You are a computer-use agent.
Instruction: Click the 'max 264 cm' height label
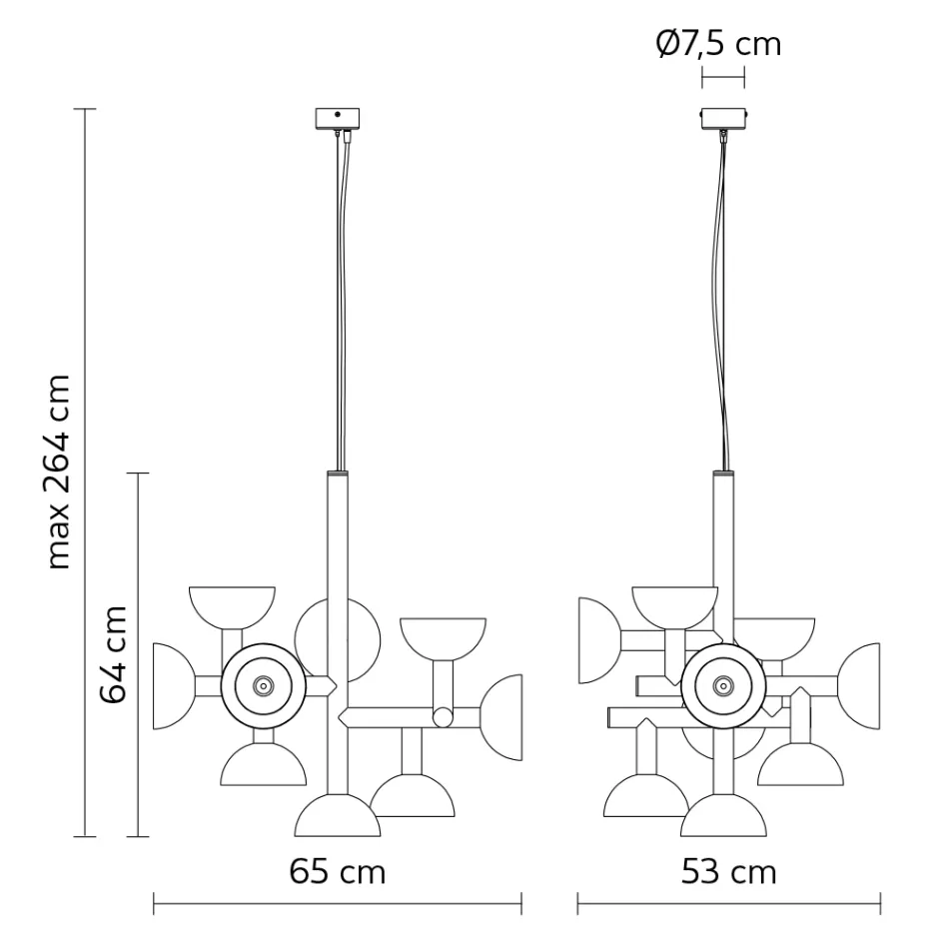(x=59, y=473)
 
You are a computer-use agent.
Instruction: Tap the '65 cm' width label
(x=337, y=871)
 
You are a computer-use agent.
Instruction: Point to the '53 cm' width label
(x=728, y=871)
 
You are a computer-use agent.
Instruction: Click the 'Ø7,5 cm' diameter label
(x=718, y=44)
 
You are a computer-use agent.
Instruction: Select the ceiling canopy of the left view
(x=337, y=119)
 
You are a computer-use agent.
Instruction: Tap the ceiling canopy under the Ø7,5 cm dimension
(x=723, y=119)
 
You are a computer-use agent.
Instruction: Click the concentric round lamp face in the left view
(x=263, y=685)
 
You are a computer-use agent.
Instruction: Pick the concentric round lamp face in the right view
(x=723, y=685)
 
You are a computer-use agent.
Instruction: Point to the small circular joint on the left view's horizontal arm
(x=442, y=716)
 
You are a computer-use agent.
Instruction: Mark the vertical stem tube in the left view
(x=338, y=559)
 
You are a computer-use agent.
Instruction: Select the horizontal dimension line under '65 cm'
(x=337, y=905)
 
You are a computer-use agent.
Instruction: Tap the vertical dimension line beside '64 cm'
(x=138, y=654)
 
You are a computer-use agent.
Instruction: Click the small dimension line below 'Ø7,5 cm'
(x=723, y=77)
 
